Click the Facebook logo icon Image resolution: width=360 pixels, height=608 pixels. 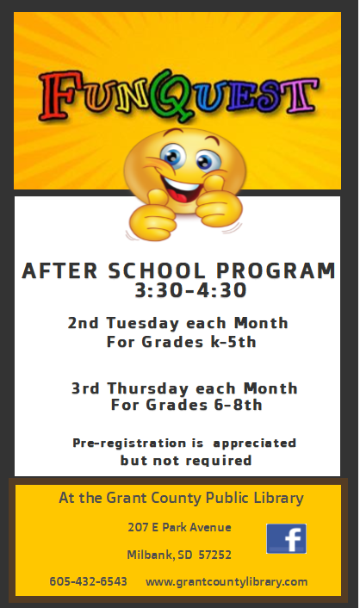click(x=286, y=538)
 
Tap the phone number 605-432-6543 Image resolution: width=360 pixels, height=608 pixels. click(x=88, y=581)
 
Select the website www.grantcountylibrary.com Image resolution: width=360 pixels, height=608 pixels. click(x=227, y=582)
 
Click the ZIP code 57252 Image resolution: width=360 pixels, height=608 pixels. click(x=215, y=555)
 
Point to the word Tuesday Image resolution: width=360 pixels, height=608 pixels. click(x=142, y=323)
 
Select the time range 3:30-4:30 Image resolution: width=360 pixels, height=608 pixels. click(x=190, y=290)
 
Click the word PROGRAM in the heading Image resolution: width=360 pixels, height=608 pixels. click(x=276, y=270)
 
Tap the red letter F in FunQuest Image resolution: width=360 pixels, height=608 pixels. click(x=59, y=94)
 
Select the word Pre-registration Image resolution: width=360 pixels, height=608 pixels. click(x=129, y=444)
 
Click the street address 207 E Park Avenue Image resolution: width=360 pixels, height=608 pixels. click(x=179, y=527)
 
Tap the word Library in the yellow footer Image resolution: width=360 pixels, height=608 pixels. click(x=278, y=498)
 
